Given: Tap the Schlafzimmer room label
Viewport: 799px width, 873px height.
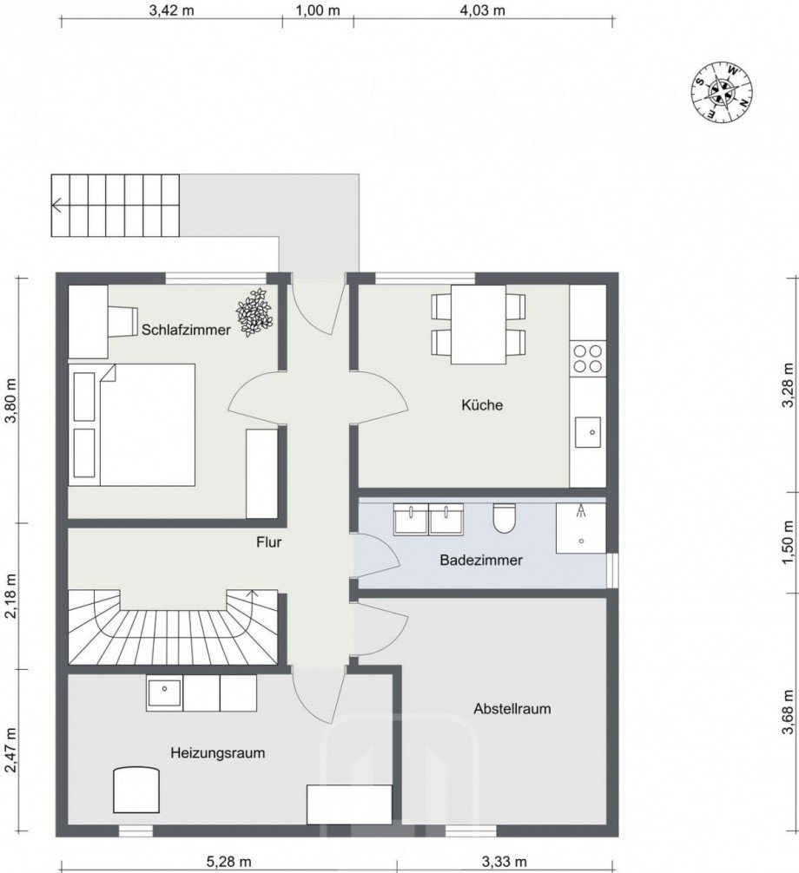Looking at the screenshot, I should pos(187,330).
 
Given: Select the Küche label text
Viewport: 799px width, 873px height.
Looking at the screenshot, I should pos(482,405).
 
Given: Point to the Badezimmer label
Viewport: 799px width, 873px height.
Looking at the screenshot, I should pos(481,561).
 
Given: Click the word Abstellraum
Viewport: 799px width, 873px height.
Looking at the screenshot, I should pos(512,709).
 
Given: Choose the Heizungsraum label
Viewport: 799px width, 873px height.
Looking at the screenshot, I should pos(218,752).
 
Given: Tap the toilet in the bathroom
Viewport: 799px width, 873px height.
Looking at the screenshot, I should pos(503,518).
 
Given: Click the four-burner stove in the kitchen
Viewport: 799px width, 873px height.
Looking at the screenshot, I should pos(588,358).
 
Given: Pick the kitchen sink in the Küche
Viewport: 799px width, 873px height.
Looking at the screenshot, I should pos(588,431).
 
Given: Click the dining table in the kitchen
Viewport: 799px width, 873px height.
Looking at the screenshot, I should pos(479,324).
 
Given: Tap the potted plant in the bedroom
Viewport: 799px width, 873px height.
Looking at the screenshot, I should pos(255,312).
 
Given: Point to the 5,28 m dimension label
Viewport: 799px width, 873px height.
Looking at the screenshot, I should pos(230,862).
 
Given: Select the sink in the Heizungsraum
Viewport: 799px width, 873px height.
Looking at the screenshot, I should pos(163,692).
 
